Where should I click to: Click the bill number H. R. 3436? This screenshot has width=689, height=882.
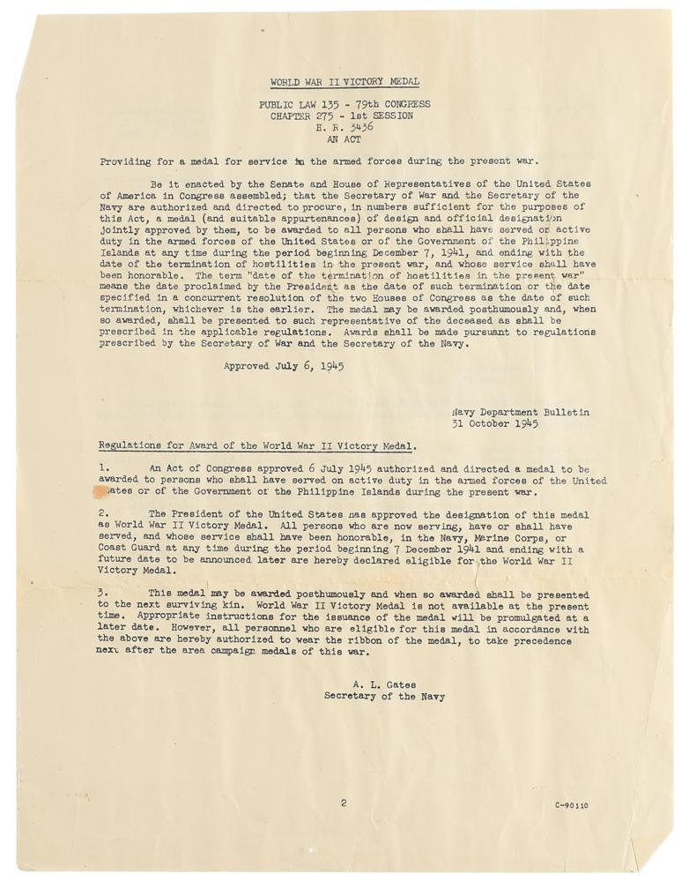344,127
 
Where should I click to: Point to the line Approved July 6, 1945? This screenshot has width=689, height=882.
283,364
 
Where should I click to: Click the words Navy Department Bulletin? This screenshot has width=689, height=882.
521,412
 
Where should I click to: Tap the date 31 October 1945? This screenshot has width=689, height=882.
495,423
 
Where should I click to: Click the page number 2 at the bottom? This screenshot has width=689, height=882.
344,804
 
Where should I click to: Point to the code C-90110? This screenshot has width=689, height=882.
572,805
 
